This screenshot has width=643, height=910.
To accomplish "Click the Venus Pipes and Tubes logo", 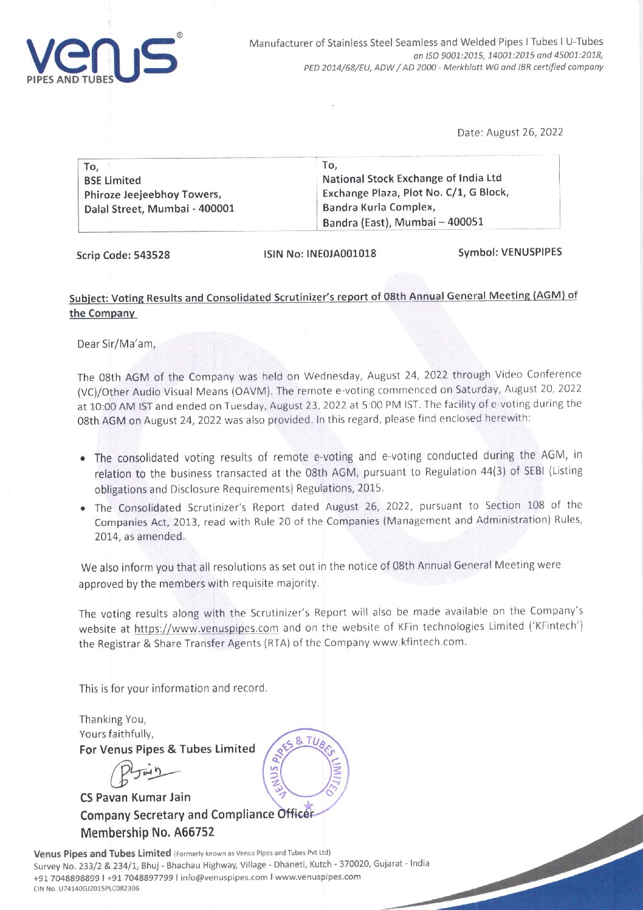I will [x=101, y=60].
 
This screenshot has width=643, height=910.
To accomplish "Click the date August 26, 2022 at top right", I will [x=510, y=133].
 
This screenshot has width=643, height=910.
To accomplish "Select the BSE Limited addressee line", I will [x=112, y=181].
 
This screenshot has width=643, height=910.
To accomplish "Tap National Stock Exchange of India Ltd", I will [x=411, y=178].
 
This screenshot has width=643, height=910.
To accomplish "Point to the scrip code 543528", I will [x=123, y=255].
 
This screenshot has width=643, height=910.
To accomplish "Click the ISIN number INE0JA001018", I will [x=320, y=253].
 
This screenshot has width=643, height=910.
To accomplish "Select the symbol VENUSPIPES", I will [x=509, y=252].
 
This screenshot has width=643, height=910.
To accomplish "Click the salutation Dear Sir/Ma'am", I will [x=117, y=344].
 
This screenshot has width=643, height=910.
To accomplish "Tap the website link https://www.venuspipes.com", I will [x=206, y=629].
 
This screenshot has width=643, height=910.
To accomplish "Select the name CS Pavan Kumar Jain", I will [x=135, y=797].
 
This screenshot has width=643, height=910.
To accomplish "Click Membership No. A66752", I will [x=147, y=832].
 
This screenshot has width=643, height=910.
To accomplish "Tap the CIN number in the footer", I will [x=86, y=888].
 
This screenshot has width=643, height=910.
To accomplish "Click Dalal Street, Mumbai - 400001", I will [x=159, y=209].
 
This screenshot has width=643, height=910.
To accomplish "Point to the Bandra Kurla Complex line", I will [x=379, y=207].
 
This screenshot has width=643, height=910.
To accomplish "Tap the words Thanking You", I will [x=112, y=719].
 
